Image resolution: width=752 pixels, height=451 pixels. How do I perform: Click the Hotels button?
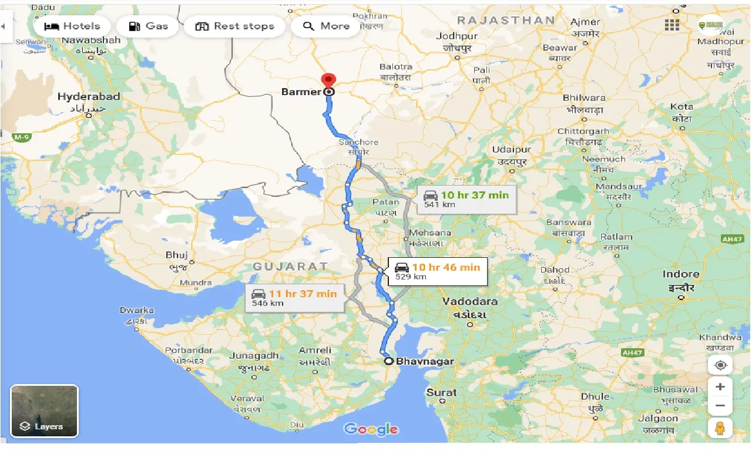click(72, 26)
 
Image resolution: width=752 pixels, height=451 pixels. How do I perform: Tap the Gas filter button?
click(148, 26)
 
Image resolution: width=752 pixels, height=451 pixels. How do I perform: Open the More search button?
click(326, 26)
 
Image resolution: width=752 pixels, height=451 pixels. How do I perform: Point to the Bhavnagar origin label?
click(425, 361)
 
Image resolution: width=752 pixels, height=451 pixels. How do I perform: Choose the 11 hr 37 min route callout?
click(294, 298)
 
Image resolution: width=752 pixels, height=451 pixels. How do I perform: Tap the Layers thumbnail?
click(44, 410)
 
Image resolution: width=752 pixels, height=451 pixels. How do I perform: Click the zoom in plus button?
click(720, 386)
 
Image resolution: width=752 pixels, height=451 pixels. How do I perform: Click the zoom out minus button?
click(720, 406)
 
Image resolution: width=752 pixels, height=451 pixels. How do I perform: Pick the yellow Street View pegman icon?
click(720, 428)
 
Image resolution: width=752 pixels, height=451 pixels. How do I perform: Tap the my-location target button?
click(720, 365)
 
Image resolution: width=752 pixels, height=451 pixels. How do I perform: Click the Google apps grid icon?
click(672, 25)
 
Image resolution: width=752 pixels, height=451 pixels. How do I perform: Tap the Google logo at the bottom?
click(371, 429)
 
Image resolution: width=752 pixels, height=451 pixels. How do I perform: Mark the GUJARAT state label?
click(290, 267)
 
